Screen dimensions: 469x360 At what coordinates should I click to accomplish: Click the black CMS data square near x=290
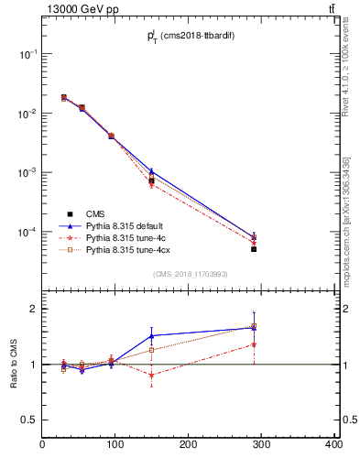click(254, 249)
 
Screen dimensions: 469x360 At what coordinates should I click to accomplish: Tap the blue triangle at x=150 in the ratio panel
click(151, 335)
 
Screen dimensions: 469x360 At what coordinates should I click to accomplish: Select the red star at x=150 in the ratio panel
click(151, 375)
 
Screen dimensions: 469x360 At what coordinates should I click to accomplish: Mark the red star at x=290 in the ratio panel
click(254, 344)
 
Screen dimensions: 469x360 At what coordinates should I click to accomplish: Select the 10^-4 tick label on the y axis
click(28, 232)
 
